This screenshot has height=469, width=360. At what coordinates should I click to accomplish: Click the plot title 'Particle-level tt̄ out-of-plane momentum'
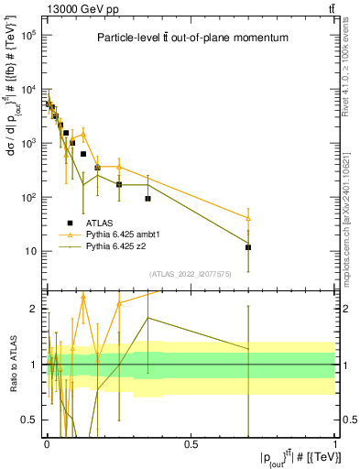tap(191, 38)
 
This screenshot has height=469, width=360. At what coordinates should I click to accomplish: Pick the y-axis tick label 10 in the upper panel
tap(31, 251)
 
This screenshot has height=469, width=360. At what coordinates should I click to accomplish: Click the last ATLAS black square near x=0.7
tap(248, 247)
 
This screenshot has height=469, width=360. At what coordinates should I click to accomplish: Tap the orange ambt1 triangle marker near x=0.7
tap(248, 218)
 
